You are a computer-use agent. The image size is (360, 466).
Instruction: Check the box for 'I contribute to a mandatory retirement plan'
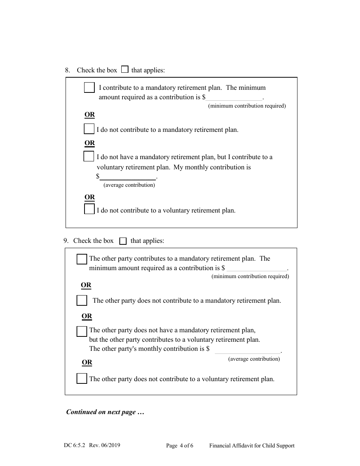[x=89, y=88]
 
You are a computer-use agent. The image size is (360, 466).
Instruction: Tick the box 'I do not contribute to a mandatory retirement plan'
[x=89, y=129]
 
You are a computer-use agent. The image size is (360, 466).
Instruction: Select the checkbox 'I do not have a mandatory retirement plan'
[x=89, y=156]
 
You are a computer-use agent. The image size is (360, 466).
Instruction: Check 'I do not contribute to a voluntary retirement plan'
[x=89, y=209]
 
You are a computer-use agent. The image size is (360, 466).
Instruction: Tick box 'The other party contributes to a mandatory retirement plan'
[x=82, y=259]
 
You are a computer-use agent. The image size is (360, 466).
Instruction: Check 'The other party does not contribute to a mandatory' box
[x=82, y=300]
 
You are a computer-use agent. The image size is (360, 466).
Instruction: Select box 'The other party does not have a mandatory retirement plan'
[x=82, y=331]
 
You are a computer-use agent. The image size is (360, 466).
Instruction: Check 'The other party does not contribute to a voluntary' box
[x=82, y=378]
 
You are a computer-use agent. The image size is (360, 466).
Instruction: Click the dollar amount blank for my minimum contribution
[x=234, y=97]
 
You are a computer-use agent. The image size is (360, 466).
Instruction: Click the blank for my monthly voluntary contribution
[x=128, y=176]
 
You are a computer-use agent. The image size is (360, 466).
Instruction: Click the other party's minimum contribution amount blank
[x=257, y=268]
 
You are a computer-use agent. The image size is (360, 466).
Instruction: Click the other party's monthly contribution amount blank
[x=247, y=349]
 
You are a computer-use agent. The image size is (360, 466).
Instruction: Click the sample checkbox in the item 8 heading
[x=125, y=70]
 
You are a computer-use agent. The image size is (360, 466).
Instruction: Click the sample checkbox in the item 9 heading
[x=123, y=241]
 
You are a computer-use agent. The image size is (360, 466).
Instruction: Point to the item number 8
[x=67, y=70]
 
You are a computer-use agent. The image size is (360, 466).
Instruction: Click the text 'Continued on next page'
[x=105, y=412]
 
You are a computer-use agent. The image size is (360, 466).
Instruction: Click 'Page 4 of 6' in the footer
[x=180, y=446]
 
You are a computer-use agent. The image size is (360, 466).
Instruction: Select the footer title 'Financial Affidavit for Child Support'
[x=252, y=446]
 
